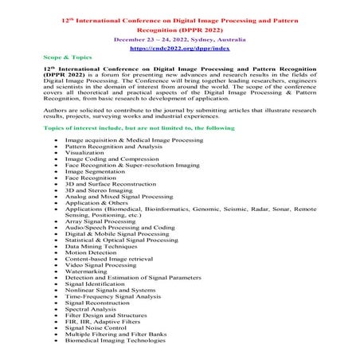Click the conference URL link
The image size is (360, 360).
tap(179, 49)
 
